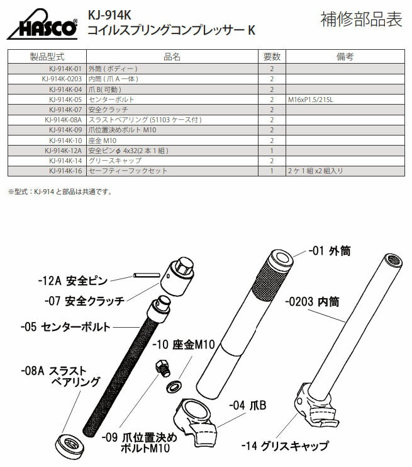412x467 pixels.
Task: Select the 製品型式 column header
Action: click(47, 57)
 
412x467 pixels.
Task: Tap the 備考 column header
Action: click(345, 57)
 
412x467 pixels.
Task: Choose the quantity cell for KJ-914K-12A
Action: click(271, 151)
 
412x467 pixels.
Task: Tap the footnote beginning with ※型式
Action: click(60, 191)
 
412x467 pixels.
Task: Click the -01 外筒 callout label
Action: click(330, 251)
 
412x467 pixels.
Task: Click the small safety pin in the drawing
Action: click(146, 275)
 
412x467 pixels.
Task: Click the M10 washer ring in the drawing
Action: click(173, 384)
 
